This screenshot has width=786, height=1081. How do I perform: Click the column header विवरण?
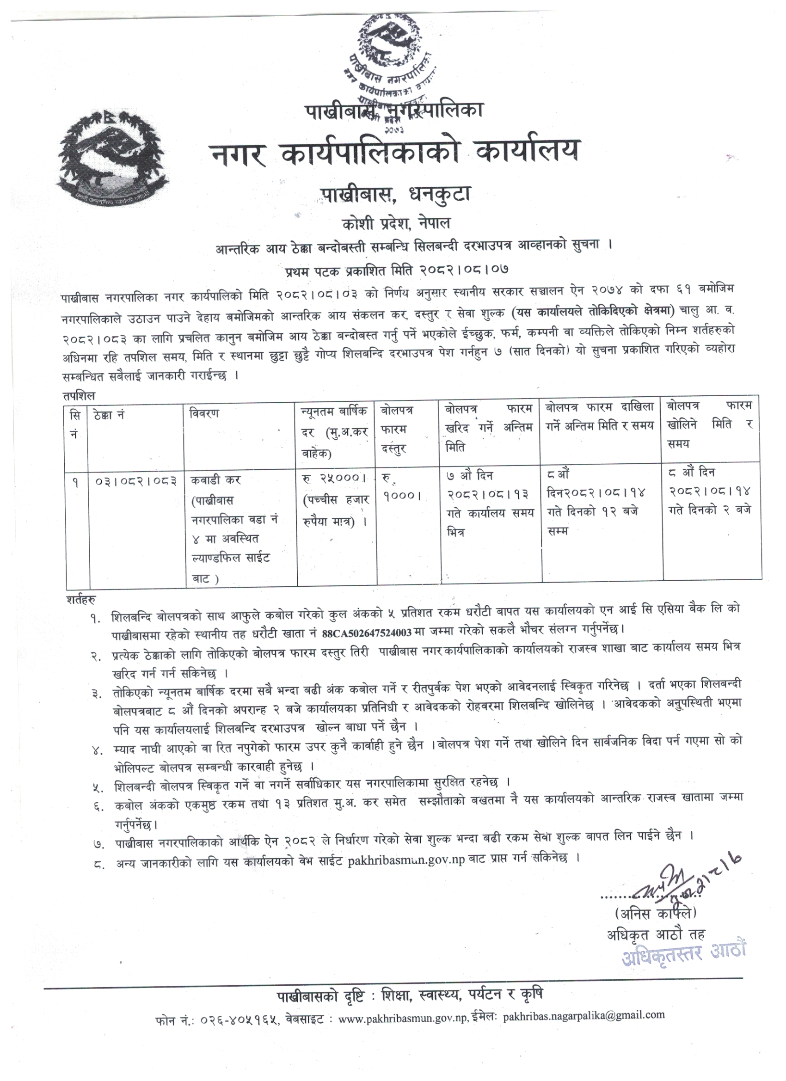[x=204, y=413]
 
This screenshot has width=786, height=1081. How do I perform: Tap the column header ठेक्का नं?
[x=110, y=415]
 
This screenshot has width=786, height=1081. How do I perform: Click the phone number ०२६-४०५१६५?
[x=235, y=1030]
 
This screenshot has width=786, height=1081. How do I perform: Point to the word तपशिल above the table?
[x=78, y=396]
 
